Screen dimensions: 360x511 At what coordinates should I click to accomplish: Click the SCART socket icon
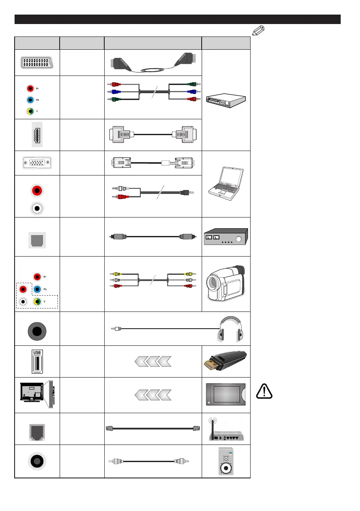(37, 63)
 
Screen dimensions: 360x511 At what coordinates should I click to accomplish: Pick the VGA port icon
(37, 163)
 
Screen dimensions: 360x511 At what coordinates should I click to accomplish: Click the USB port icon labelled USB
(37, 362)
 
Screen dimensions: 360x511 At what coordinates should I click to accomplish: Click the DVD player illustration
(226, 100)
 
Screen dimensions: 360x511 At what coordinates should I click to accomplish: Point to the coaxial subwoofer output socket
(37, 461)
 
